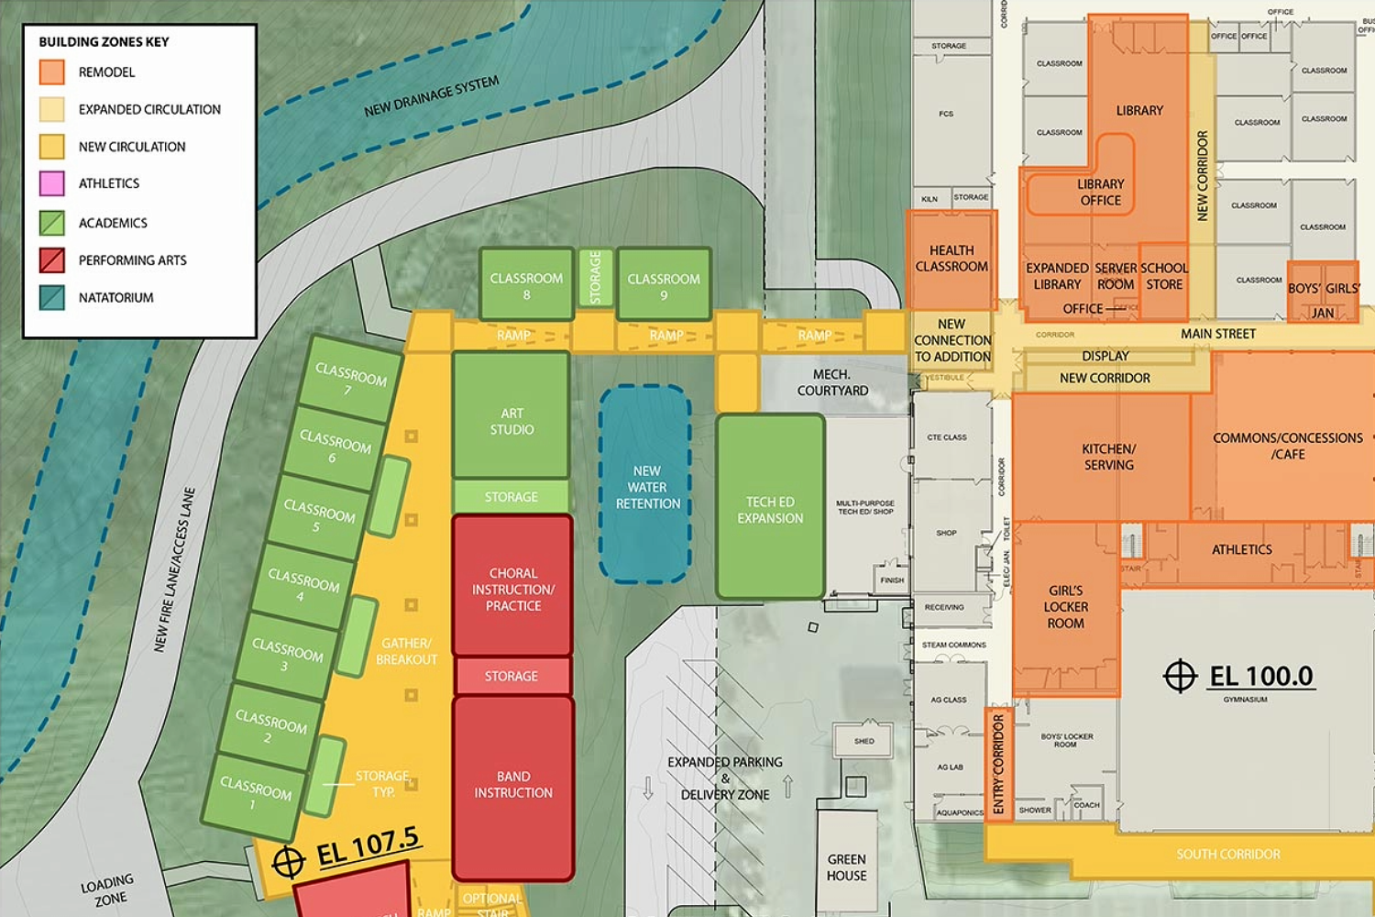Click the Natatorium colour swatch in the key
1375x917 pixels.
(52, 297)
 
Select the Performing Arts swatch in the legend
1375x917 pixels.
(52, 260)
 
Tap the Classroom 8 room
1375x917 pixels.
(526, 285)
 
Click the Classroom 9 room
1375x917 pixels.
(664, 285)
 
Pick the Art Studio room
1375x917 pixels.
(511, 417)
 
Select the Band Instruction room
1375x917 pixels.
(513, 787)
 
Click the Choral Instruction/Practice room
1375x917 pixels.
(513, 587)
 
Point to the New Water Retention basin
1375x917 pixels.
(646, 486)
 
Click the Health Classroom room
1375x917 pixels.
(951, 260)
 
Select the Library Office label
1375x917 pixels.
(1100, 192)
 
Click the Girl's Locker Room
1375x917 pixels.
(1065, 607)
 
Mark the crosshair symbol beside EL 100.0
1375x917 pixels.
(1180, 677)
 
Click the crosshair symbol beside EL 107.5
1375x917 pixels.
(288, 862)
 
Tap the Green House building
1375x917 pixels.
(846, 867)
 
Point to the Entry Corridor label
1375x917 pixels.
(998, 764)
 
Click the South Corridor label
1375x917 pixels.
(1228, 854)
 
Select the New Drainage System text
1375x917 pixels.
(431, 96)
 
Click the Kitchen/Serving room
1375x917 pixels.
(1107, 457)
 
